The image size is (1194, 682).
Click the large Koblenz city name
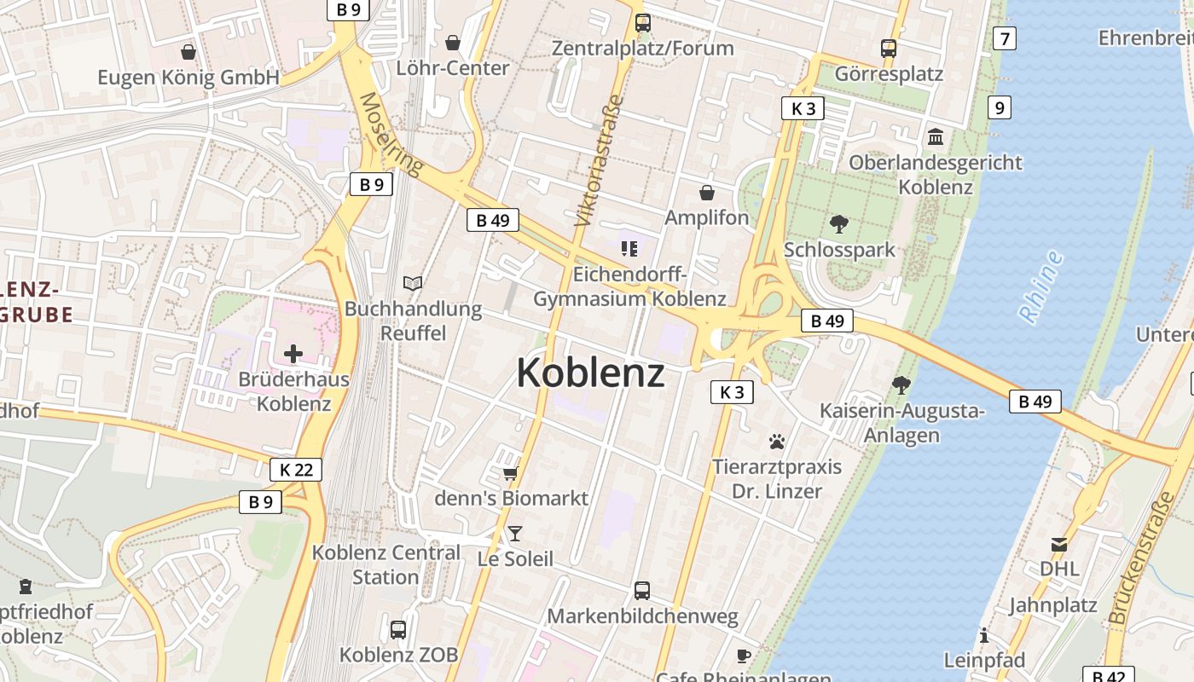(x=590, y=373)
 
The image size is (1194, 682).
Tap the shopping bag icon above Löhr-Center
(x=453, y=43)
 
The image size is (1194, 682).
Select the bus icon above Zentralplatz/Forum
(x=643, y=23)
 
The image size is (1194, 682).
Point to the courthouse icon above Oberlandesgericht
(x=936, y=136)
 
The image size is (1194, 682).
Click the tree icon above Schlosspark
(x=839, y=224)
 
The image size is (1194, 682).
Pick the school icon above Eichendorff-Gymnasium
(x=629, y=249)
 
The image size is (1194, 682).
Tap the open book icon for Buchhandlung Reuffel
(x=413, y=283)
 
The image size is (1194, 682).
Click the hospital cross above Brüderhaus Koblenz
(x=293, y=353)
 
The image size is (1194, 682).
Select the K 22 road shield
(x=296, y=469)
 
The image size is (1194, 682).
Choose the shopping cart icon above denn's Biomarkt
(x=510, y=473)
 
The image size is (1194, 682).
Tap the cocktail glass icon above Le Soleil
(x=515, y=534)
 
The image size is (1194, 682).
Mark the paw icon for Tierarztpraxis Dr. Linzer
(x=777, y=442)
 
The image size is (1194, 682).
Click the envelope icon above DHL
(x=1059, y=544)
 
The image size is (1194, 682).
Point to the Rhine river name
(x=1041, y=286)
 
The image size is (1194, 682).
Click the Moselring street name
(x=391, y=134)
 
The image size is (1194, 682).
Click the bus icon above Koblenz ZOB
(x=398, y=630)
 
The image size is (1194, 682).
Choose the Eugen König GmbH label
(x=188, y=78)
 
